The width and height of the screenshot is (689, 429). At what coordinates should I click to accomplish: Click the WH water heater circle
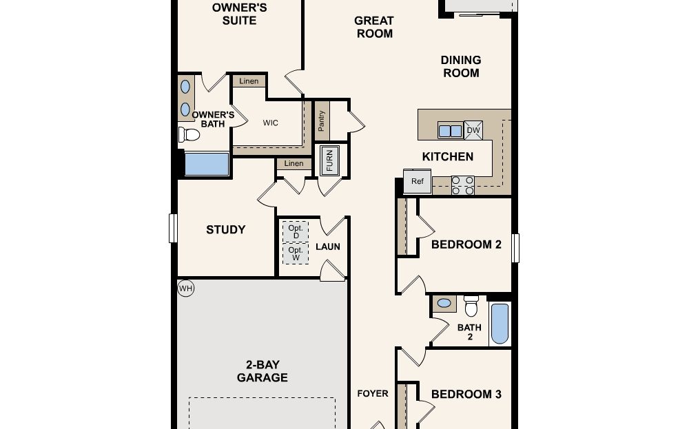[185, 288]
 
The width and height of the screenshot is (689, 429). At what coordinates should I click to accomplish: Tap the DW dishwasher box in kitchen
[473, 130]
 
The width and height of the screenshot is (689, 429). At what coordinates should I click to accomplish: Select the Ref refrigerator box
[417, 181]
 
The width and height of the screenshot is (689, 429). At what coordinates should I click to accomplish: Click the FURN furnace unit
[329, 160]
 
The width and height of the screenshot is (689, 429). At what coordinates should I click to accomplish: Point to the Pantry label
[322, 122]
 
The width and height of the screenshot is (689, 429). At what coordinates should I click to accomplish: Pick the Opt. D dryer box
[296, 231]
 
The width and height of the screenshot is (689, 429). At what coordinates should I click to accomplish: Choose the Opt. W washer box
[296, 253]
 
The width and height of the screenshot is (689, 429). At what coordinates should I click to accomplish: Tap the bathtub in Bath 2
[500, 324]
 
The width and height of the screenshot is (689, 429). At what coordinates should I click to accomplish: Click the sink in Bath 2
[445, 302]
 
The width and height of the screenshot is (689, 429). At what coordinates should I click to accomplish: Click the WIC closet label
[271, 123]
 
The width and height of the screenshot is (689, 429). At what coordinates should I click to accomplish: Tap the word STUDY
[226, 230]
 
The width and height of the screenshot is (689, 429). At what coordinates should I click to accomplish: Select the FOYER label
[372, 394]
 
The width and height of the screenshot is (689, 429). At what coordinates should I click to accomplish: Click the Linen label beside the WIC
[249, 81]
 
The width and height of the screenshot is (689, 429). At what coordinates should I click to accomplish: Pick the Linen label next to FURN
[294, 164]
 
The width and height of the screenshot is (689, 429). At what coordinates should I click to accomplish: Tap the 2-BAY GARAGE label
[262, 370]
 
